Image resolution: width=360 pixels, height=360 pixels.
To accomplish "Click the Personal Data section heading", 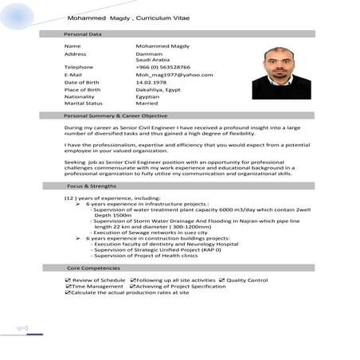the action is pyautogui.click(x=82, y=34).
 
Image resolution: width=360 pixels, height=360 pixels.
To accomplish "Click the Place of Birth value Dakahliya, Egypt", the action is pyautogui.click(x=158, y=88).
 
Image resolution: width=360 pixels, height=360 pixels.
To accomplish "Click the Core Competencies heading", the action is pyautogui.click(x=88, y=268).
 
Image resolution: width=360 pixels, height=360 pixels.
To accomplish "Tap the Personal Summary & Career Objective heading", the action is pyautogui.click(x=115, y=115).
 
